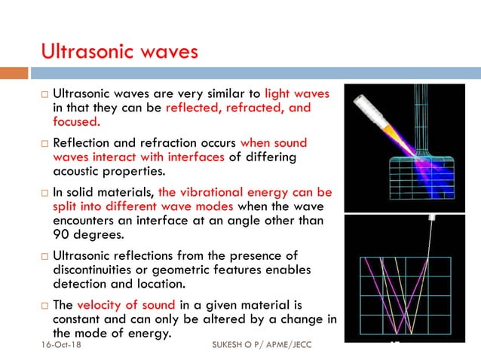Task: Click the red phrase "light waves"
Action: (x=298, y=94)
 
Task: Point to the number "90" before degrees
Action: (x=61, y=234)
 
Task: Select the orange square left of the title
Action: (x=14, y=73)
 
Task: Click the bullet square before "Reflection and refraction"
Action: (x=44, y=143)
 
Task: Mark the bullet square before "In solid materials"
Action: (x=44, y=193)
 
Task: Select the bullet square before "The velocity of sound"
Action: (x=44, y=305)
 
